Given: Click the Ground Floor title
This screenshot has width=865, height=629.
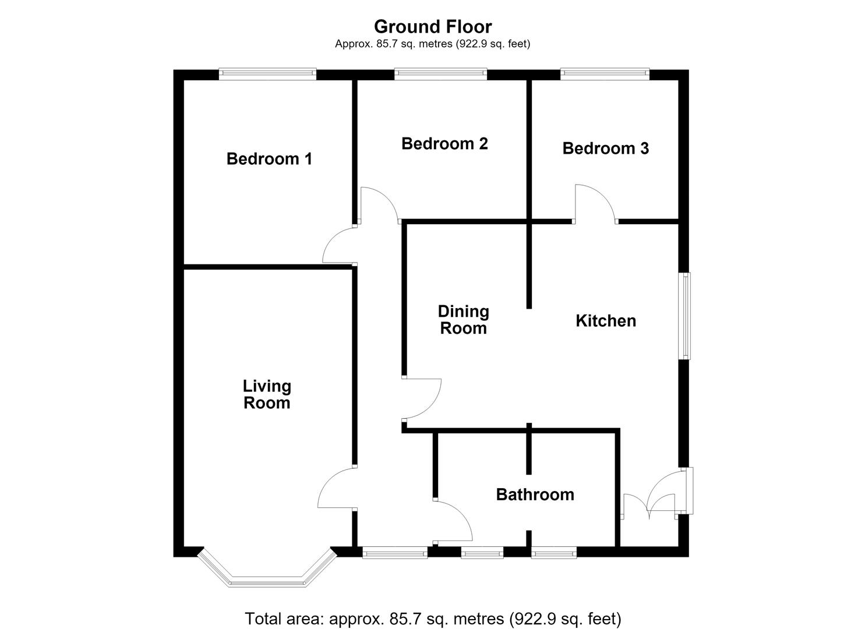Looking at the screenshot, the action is click(x=433, y=27).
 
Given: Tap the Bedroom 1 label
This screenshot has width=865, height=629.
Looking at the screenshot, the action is click(x=269, y=158).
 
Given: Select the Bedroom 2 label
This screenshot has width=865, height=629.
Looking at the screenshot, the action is click(x=444, y=144).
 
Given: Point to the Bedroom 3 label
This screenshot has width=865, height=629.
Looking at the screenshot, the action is click(x=606, y=149).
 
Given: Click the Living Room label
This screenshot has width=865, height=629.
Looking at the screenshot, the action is click(x=267, y=394).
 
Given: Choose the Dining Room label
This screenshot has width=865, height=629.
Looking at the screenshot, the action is click(x=464, y=320).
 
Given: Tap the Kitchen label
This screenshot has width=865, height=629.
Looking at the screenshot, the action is click(x=606, y=321).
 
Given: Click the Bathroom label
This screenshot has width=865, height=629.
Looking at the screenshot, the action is click(x=535, y=494).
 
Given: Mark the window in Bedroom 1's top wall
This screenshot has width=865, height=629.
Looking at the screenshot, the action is click(x=267, y=74).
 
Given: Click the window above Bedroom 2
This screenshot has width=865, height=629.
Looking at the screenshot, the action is click(x=440, y=74).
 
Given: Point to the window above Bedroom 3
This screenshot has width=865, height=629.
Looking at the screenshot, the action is click(x=605, y=74).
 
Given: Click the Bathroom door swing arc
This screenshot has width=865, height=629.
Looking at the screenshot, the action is click(x=462, y=514).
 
